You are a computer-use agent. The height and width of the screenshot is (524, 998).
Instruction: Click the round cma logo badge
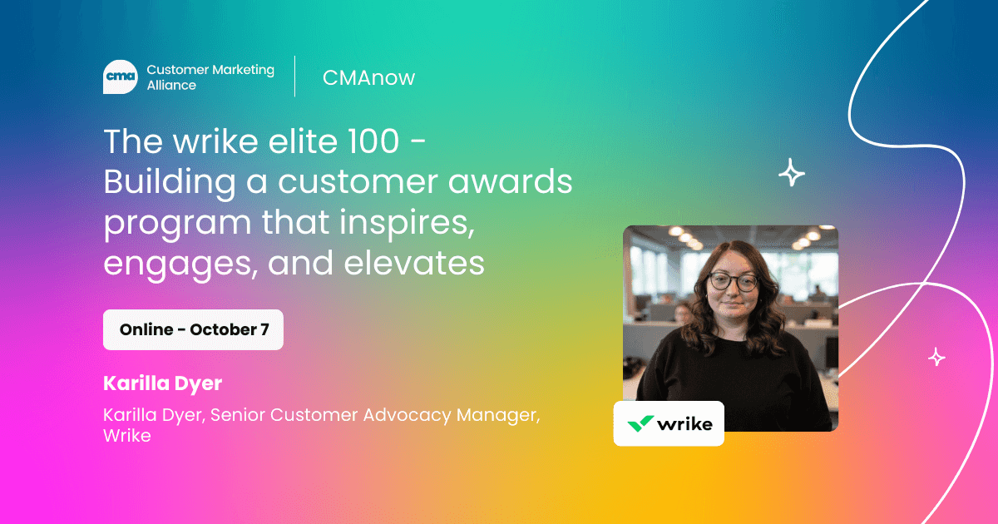[x=121, y=77]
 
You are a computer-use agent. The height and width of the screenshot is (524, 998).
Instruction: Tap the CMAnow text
[x=369, y=78]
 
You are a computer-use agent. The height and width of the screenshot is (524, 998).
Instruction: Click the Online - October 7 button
[x=193, y=329]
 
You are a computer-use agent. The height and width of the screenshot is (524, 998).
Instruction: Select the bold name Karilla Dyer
[x=163, y=383]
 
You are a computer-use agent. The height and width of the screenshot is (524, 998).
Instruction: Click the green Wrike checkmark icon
[x=640, y=423]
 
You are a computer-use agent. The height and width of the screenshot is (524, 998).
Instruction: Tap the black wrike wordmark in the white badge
[x=684, y=423]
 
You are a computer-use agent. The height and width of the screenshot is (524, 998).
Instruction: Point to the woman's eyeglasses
[x=733, y=282]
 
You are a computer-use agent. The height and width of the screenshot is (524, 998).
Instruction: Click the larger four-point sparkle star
[x=792, y=172]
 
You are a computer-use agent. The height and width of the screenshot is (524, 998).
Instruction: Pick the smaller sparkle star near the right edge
[x=936, y=357]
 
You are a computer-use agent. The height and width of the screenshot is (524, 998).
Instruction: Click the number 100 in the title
[x=373, y=141]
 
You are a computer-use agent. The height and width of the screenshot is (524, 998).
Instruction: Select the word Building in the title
[x=170, y=183]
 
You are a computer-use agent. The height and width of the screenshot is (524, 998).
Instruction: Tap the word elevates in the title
[x=414, y=263]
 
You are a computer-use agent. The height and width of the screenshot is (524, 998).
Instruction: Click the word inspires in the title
[x=407, y=224]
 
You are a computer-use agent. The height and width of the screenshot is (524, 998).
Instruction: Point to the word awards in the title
[x=510, y=181]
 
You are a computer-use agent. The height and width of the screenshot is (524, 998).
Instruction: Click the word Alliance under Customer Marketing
[x=171, y=85]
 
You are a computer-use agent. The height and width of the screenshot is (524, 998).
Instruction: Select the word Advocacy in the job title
[x=408, y=415]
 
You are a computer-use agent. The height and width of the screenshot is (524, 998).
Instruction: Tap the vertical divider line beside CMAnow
[x=295, y=77]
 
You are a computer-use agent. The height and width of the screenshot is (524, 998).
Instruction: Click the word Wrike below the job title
[x=127, y=435]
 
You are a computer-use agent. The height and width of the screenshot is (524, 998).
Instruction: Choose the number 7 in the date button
[x=264, y=329]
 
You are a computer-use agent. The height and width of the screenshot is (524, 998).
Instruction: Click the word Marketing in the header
[x=243, y=71]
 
